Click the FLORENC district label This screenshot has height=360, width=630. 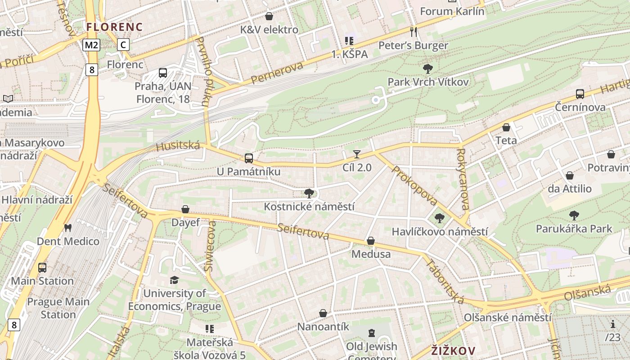(x=114, y=27)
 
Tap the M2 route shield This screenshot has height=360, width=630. (x=91, y=45)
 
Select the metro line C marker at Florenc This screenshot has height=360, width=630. (x=123, y=45)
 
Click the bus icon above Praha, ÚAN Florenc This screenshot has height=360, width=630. (x=163, y=72)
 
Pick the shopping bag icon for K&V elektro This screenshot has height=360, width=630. (x=269, y=17)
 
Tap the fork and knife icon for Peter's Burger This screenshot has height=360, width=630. (x=414, y=32)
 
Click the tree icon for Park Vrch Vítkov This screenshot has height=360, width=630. (x=428, y=69)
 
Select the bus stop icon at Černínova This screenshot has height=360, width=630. (x=580, y=94)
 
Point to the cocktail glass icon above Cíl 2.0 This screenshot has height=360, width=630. (x=357, y=154)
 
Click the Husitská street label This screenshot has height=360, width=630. (x=178, y=146)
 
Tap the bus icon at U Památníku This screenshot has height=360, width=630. (x=248, y=158)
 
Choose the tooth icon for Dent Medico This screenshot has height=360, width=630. (x=68, y=228)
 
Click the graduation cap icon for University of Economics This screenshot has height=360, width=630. (x=174, y=280)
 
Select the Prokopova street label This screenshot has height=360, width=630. (x=414, y=185)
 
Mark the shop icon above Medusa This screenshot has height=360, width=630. (x=371, y=241)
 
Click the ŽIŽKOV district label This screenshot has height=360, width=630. (x=453, y=350)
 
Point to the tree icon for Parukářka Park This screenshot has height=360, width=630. (x=574, y=216)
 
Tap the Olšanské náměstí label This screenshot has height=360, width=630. (x=508, y=317)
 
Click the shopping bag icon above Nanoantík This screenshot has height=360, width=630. (x=323, y=313)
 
